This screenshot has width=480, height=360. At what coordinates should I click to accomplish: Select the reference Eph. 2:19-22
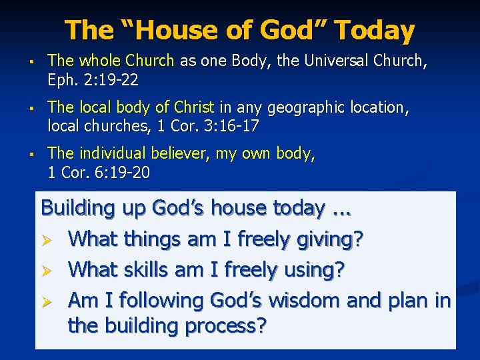pyautogui.click(x=93, y=80)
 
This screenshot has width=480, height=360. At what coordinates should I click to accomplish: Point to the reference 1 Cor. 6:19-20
pyautogui.click(x=99, y=172)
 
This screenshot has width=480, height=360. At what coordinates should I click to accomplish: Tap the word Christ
pyautogui.click(x=193, y=107)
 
